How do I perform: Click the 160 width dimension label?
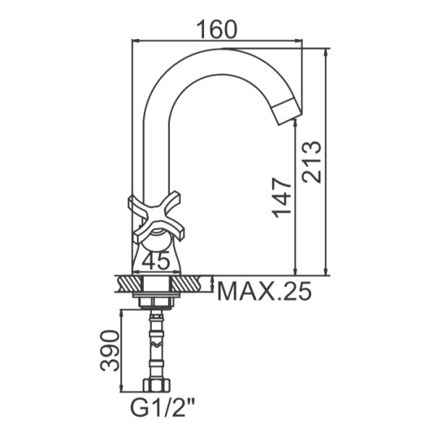pyautogui.click(x=217, y=29)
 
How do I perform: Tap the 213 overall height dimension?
pyautogui.click(x=312, y=162)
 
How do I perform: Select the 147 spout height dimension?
pyautogui.click(x=282, y=197)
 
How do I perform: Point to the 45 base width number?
pyautogui.click(x=156, y=260)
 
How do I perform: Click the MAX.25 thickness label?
pyautogui.click(x=265, y=291)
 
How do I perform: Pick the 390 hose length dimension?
pyautogui.click(x=110, y=350)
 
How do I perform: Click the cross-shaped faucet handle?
pyautogui.click(x=156, y=218)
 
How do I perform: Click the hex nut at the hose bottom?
pyautogui.click(x=157, y=385)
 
